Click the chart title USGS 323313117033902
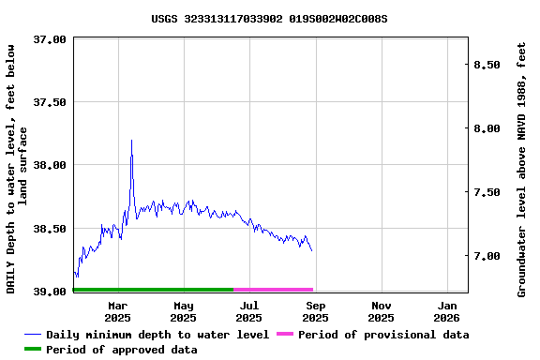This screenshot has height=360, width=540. pos(269,19)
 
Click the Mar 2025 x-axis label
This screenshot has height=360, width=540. pos(118,311)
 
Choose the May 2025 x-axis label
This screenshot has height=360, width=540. pos(184,311)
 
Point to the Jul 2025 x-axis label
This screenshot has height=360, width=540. pos(249,311)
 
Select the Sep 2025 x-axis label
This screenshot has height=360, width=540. pos(316,311)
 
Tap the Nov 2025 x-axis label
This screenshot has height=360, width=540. pos(382,311)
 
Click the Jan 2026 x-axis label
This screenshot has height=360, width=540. pos(447,311)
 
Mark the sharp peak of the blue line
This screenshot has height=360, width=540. pos(131,141)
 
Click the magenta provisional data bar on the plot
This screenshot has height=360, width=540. pos(273,290)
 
